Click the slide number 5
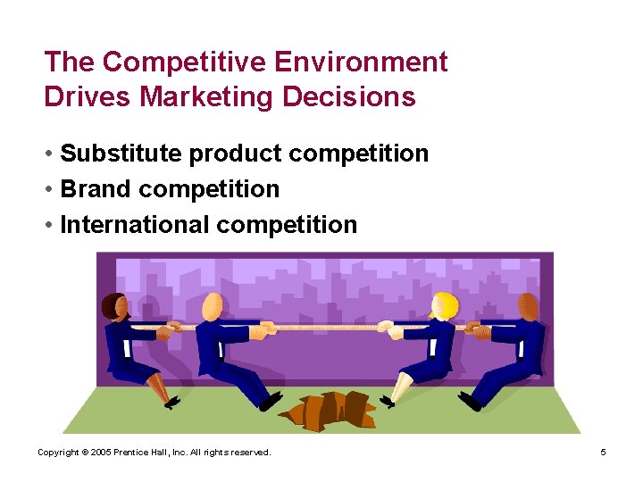click(603, 453)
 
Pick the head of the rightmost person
click(529, 306)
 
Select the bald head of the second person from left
click(213, 306)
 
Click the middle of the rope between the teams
click(326, 328)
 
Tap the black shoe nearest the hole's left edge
click(271, 401)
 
